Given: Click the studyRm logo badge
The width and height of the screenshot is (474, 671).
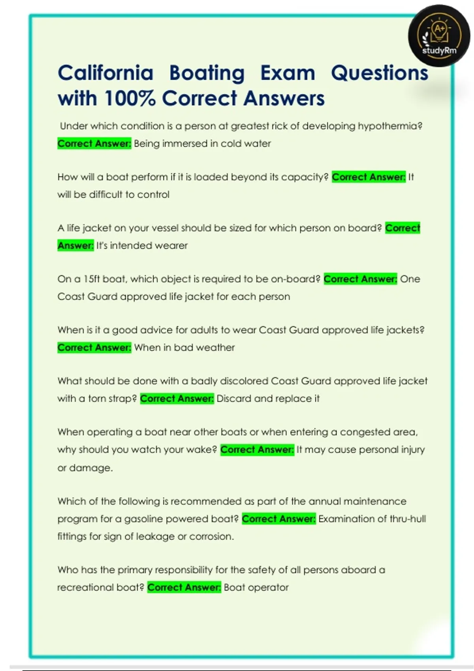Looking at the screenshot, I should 439,36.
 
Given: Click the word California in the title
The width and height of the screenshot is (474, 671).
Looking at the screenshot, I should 105,73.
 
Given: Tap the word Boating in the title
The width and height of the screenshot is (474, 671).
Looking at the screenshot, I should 207,73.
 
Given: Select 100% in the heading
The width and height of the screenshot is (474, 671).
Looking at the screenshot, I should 130,98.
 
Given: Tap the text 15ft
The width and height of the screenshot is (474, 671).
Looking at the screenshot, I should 92,279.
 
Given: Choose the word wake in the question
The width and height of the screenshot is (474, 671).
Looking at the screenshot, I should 200,450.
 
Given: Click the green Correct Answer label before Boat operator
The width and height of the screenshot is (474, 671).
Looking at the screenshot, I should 184,588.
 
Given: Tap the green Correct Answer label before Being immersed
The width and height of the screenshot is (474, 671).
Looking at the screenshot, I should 94,144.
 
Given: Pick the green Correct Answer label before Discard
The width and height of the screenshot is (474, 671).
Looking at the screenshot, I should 177,399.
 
